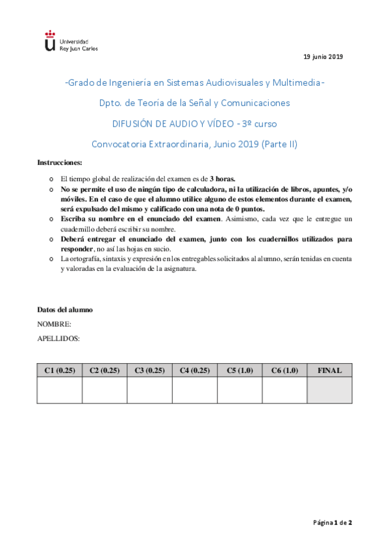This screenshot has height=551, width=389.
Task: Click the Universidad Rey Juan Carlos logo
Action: pyautogui.click(x=70, y=40)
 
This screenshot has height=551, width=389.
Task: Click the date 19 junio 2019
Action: pyautogui.click(x=323, y=57)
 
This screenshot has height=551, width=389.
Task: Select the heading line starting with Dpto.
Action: pyautogui.click(x=194, y=103)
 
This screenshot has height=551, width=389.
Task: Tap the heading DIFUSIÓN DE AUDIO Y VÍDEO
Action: pyautogui.click(x=194, y=123)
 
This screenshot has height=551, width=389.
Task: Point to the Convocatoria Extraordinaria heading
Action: pyautogui.click(x=194, y=144)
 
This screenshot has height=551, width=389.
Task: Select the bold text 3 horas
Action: pyautogui.click(x=222, y=178)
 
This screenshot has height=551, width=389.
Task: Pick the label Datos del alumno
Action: pyautogui.click(x=65, y=309)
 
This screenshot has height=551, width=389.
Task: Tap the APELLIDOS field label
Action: pyautogui.click(x=58, y=338)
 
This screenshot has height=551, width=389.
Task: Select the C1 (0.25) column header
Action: pyautogui.click(x=60, y=370)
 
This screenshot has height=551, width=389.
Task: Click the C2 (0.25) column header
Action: pyautogui.click(x=105, y=370)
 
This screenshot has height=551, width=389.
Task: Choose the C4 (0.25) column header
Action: pyautogui.click(x=195, y=370)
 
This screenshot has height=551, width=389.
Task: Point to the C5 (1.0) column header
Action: pyautogui.click(x=240, y=370)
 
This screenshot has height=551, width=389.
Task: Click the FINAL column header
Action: pyautogui.click(x=329, y=370)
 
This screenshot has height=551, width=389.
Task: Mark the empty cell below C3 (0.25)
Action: pyautogui.click(x=149, y=391)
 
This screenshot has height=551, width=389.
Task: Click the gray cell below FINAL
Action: pyautogui.click(x=329, y=391)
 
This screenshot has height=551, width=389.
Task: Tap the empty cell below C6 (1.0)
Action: pyautogui.click(x=284, y=391)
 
